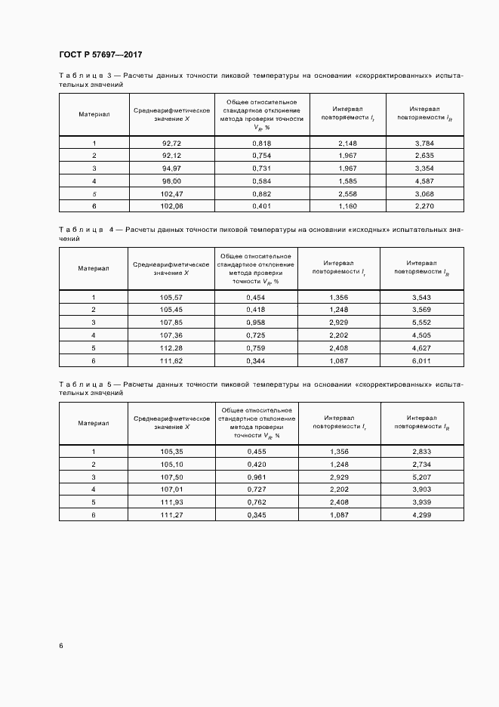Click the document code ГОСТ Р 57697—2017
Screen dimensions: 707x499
[x=100, y=55]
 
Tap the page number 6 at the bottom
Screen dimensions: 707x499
[x=61, y=645]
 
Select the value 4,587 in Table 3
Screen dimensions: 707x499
[x=424, y=181]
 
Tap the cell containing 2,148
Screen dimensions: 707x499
[x=347, y=143]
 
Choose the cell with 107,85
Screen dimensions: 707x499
[x=172, y=322]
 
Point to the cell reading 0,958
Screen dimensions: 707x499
[x=256, y=322]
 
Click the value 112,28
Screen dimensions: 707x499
[x=172, y=347]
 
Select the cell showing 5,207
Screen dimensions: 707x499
[x=421, y=477]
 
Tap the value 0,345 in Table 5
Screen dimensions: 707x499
[x=256, y=514]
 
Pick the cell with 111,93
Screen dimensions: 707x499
[x=172, y=502]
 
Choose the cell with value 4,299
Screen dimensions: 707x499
[x=421, y=514]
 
